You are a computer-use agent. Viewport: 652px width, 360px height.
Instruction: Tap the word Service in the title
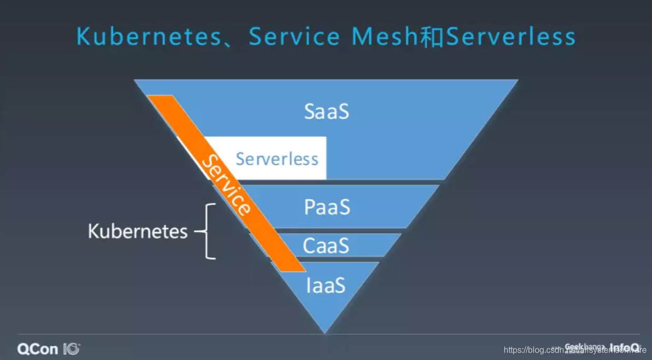coord(294,37)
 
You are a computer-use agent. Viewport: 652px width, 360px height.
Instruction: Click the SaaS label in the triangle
coord(327,111)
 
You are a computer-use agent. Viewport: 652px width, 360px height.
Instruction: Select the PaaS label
coord(327,208)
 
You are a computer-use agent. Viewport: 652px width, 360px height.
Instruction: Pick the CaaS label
coord(326,245)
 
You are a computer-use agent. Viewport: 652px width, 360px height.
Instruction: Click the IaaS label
coord(325,285)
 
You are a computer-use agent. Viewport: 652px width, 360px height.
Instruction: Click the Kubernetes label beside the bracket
coord(138,231)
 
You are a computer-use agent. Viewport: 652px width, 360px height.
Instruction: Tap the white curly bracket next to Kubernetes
coord(208,231)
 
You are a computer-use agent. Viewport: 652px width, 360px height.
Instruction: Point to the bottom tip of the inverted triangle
coord(325,332)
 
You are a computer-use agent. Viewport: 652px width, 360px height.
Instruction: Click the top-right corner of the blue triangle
coord(516,81)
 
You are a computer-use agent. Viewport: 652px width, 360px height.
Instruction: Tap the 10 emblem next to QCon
coord(72,348)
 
